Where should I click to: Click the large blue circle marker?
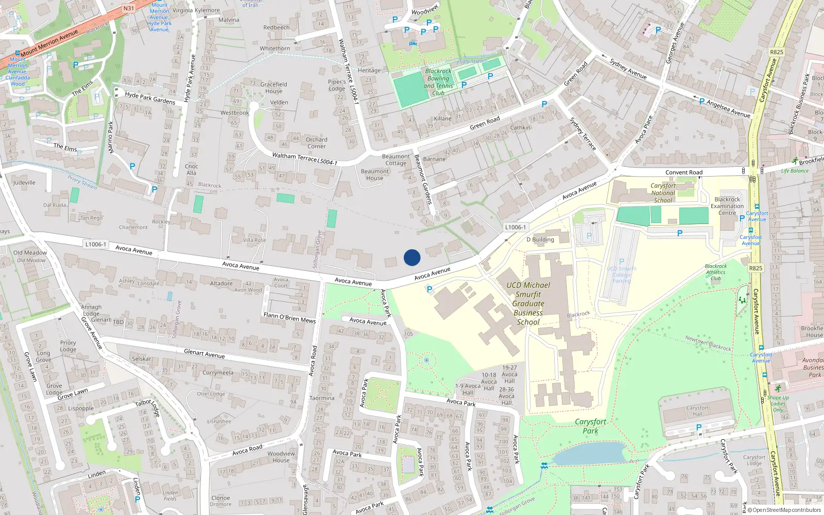[412, 257]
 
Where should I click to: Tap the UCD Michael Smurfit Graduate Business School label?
[528, 303]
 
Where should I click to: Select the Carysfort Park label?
[590, 426]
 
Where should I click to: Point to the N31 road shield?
[129, 8]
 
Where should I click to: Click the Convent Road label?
[683, 173]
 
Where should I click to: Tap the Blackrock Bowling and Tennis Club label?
[438, 82]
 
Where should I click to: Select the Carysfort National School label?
[663, 193]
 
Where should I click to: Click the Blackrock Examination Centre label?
[727, 206]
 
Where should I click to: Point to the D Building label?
[540, 239]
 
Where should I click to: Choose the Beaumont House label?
[375, 175]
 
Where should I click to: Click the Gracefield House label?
[273, 88]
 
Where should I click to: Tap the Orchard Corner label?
[316, 143]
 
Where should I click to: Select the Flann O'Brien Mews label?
[289, 317]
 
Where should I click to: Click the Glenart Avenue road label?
[204, 354]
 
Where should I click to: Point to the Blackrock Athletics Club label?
[716, 272]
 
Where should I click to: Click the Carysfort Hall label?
[697, 410]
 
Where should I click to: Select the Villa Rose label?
[254, 240]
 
